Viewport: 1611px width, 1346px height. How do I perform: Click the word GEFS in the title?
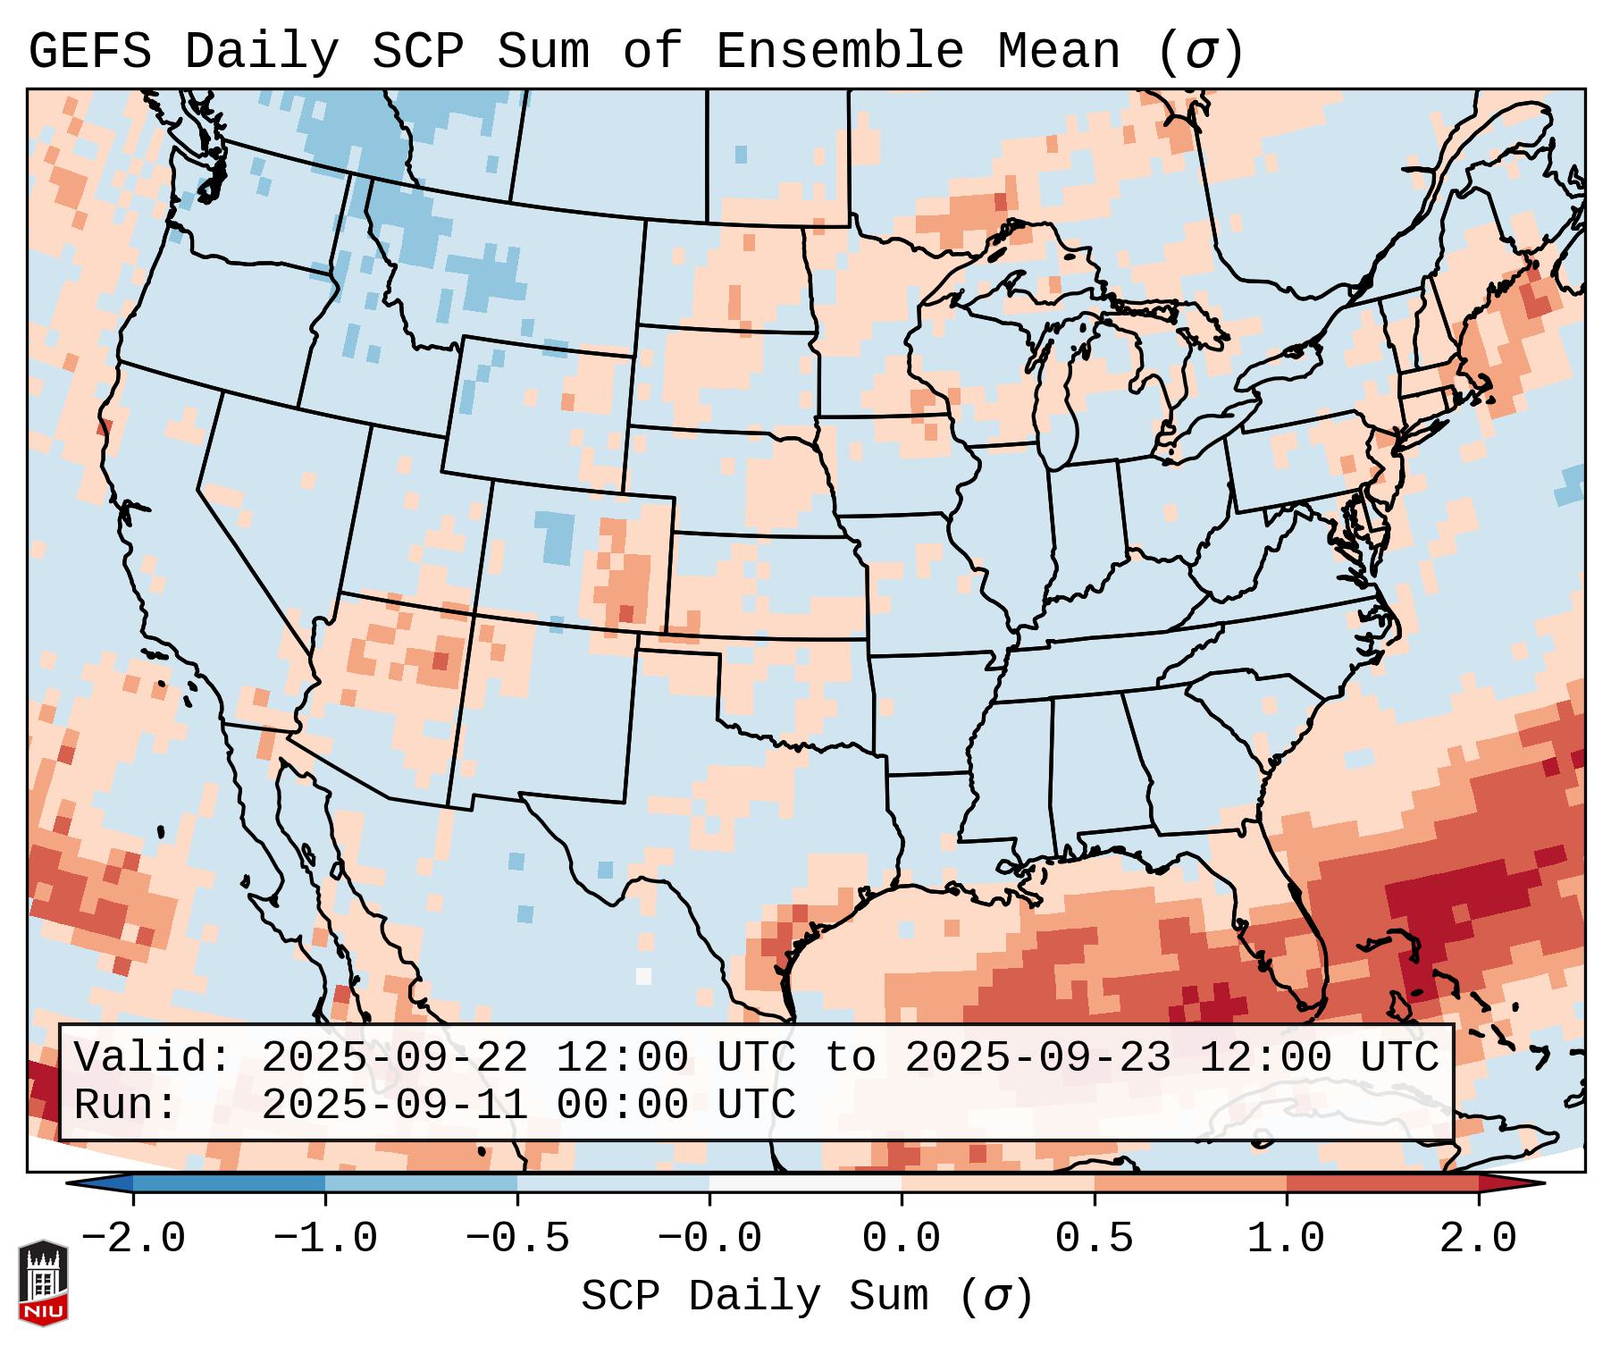[89, 52]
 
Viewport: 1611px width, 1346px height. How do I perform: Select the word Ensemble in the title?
[839, 52]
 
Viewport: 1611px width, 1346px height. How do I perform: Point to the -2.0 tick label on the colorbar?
[133, 1239]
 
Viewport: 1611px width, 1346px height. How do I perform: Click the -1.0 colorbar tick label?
[325, 1239]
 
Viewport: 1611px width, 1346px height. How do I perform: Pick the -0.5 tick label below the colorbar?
[517, 1239]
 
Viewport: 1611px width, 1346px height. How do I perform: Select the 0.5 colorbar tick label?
[1094, 1239]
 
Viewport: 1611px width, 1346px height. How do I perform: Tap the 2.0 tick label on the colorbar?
[1478, 1239]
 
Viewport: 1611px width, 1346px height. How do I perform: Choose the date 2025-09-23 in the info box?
[1037, 1058]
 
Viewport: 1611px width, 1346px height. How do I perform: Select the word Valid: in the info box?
[153, 1058]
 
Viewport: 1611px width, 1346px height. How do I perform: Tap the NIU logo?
[43, 1282]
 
